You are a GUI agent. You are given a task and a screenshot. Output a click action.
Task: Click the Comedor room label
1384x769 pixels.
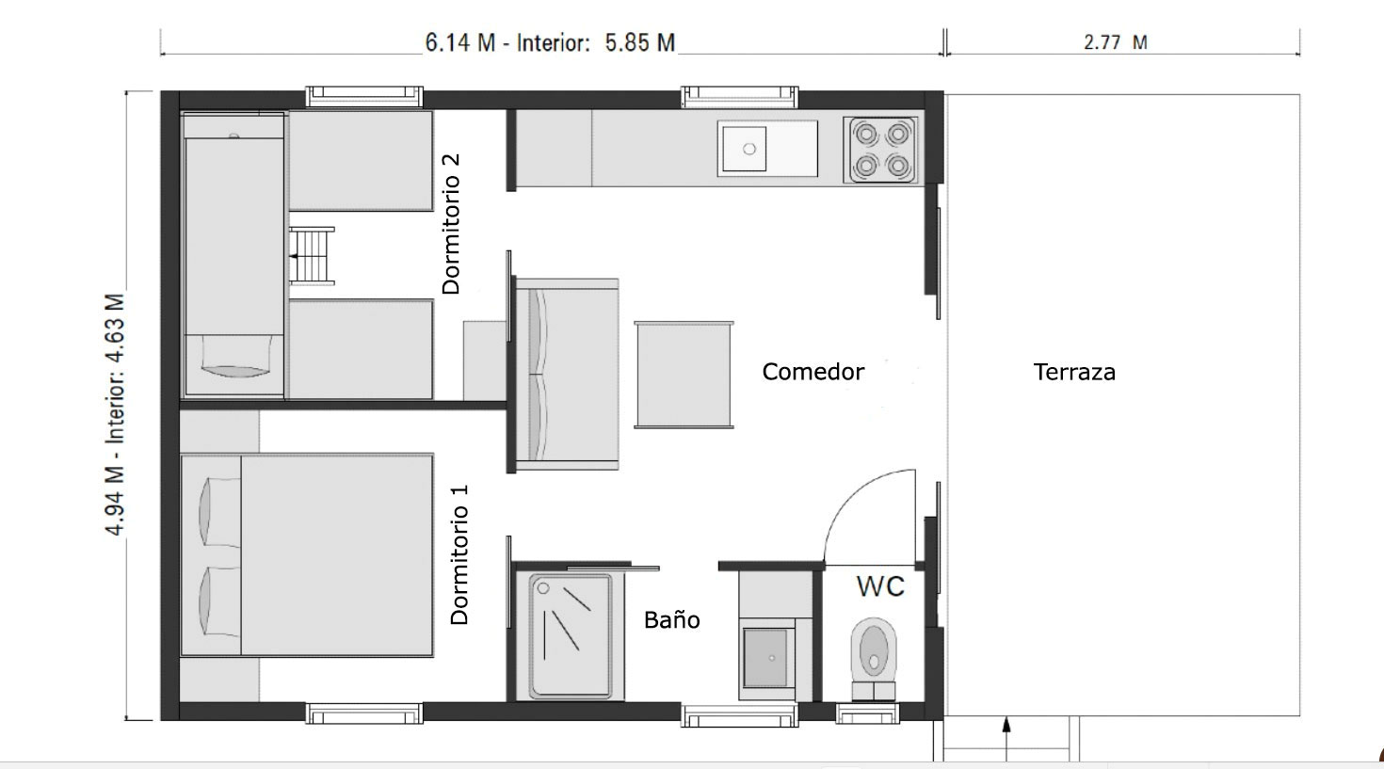point(813,372)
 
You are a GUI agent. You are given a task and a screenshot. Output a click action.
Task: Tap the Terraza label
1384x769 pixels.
point(1073,372)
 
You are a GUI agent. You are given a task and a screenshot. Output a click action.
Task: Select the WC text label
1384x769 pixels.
point(880,586)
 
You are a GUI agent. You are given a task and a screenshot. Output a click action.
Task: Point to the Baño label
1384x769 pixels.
point(671,619)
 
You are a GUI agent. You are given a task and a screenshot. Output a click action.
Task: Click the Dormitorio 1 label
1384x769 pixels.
point(459,554)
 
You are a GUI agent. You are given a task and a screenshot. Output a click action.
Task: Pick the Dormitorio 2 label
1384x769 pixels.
point(451,223)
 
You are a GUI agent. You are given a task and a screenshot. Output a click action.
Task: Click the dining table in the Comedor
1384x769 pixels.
point(684,374)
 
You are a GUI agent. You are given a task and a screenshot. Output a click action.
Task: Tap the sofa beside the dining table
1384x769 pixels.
point(565,374)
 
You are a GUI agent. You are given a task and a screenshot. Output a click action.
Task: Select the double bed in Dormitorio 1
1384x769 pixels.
point(307,554)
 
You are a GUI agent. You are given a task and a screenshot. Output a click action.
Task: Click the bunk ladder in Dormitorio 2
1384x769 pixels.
point(311,255)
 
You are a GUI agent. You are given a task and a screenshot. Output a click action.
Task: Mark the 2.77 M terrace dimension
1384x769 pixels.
point(1115,42)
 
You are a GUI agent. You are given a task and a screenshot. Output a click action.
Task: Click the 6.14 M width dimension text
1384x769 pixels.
point(550,42)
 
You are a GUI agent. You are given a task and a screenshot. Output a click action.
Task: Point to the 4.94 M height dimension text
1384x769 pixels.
point(115,414)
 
